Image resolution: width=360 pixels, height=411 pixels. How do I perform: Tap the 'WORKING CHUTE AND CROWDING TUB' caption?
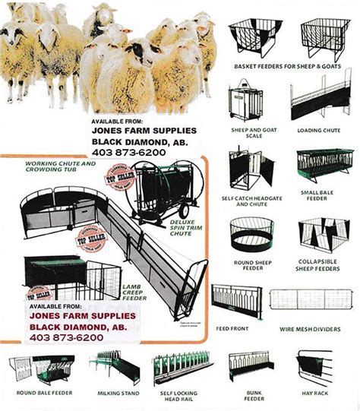tap(62, 166)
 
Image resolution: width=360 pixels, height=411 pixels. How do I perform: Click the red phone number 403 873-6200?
tap(66, 337)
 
